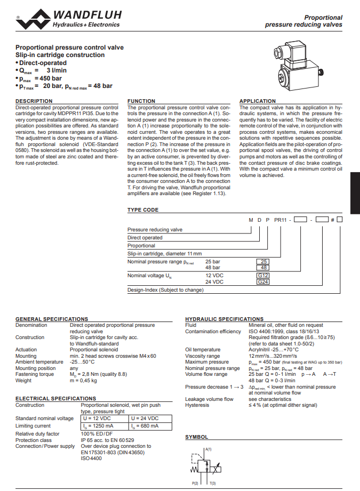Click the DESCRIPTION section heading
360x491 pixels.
(x=34, y=101)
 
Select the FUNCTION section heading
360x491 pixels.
(x=141, y=101)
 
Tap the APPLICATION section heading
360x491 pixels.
(x=258, y=101)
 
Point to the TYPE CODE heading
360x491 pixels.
(x=143, y=210)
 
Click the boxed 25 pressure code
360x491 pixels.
(x=263, y=262)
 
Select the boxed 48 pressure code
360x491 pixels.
(x=263, y=268)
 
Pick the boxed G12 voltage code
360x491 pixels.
(x=263, y=276)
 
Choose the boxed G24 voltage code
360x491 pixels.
(x=263, y=282)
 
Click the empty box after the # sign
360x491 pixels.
(x=339, y=220)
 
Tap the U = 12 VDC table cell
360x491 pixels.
(x=104, y=418)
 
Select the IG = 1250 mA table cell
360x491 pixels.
(x=104, y=426)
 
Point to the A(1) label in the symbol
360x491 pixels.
(x=209, y=449)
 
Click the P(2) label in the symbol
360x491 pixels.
(x=195, y=483)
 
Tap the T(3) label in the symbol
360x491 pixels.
(x=212, y=483)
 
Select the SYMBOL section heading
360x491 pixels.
(x=197, y=437)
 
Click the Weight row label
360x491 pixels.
(x=23, y=381)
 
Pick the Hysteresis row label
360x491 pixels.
(x=197, y=405)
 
